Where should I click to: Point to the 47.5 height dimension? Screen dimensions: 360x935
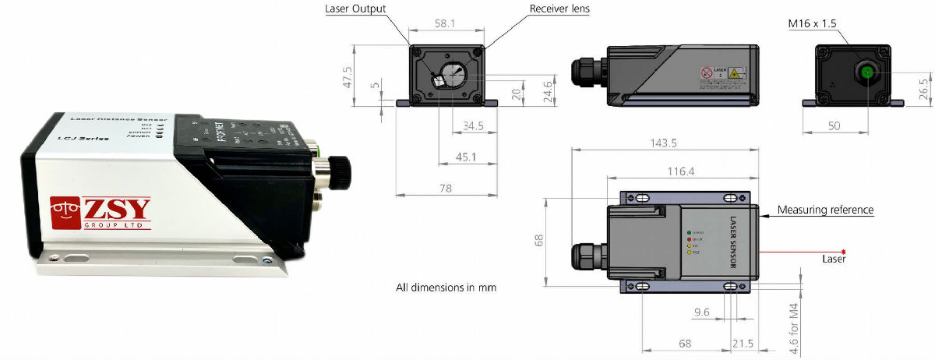(x=348, y=76)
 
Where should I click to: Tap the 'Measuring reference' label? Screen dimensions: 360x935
(x=826, y=210)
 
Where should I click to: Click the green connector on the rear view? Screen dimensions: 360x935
(x=866, y=73)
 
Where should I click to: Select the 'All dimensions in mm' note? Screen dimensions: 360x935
(x=446, y=288)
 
